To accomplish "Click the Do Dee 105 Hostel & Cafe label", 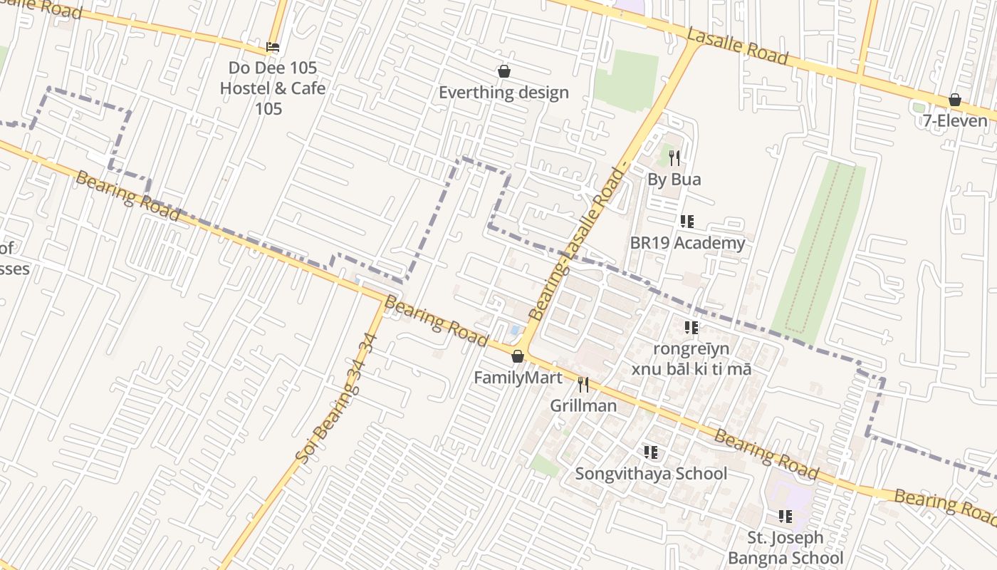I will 272,88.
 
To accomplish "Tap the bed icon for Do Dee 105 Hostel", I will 272,48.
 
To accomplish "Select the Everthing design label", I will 503,93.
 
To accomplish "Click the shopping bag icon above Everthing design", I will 503,71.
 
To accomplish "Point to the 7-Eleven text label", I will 955,120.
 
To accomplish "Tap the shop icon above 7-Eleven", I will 955,100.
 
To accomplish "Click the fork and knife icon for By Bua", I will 674,158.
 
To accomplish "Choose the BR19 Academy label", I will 687,243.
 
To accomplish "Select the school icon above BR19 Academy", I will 687,222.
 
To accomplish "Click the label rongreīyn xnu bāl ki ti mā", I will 691,358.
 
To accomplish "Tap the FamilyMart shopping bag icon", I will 518,356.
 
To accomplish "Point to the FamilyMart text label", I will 518,378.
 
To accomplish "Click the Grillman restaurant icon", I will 583,385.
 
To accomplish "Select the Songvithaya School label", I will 651,474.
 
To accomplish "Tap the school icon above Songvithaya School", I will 651,452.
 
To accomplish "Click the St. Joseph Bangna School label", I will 785,547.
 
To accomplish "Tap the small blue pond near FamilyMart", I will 514,331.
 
